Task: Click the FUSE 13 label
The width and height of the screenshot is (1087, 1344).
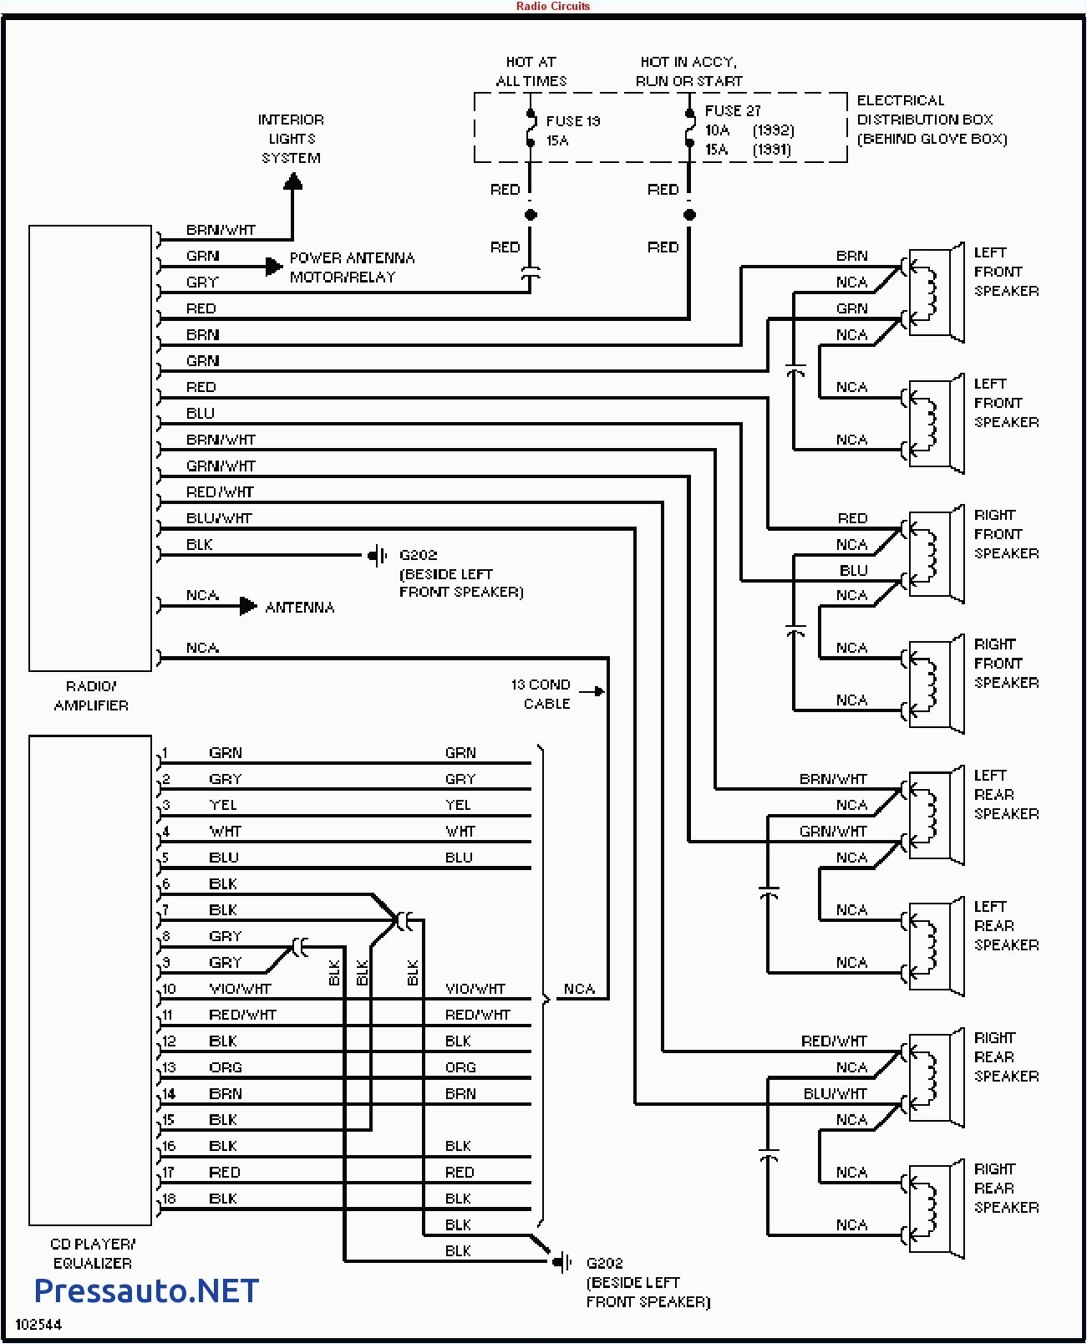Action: point(572,122)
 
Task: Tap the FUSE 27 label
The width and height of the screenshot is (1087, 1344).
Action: point(732,111)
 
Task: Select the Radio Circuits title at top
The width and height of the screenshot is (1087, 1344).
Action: point(552,6)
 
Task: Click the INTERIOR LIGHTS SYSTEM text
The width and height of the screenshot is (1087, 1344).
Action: point(291,139)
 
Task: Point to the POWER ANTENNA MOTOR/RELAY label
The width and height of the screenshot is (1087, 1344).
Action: point(351,267)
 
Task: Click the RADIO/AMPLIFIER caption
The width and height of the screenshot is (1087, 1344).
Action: point(91,695)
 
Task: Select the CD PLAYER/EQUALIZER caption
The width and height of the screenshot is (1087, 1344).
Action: point(92,1253)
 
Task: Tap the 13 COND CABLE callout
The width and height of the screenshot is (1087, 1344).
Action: point(541,694)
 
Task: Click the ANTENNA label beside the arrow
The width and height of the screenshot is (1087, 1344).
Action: point(299,608)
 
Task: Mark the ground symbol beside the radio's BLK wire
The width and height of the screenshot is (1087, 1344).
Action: point(378,555)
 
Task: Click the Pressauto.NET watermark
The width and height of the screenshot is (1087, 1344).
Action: point(146,1291)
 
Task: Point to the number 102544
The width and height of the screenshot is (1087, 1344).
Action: point(38,1325)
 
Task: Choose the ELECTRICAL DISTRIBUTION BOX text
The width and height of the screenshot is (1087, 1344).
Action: point(931,120)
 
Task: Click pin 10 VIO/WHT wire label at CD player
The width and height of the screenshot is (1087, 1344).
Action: point(240,989)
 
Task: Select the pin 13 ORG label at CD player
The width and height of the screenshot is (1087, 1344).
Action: point(225,1067)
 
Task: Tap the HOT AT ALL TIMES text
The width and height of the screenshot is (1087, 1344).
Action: point(531,72)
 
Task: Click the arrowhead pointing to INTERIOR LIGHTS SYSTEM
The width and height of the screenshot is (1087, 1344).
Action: point(292,181)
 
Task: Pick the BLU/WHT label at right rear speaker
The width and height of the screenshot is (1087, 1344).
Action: point(835,1093)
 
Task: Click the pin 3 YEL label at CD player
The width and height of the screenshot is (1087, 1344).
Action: point(223,805)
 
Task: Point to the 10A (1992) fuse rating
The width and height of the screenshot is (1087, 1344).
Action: point(749,130)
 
